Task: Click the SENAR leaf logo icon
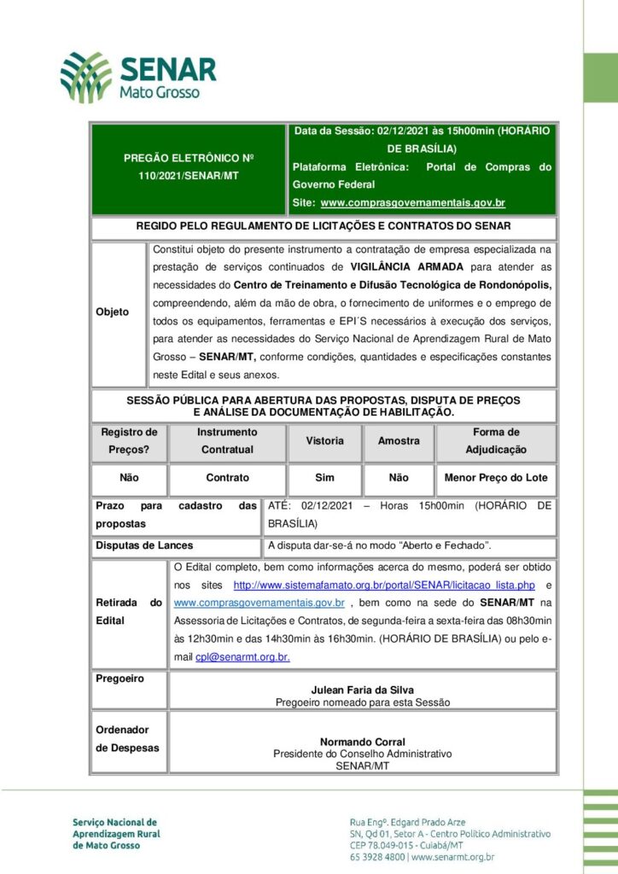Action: (x=85, y=77)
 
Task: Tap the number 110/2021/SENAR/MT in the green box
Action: (x=189, y=175)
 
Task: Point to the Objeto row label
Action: (x=112, y=312)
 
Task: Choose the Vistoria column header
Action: (x=324, y=441)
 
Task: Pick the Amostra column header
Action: (x=399, y=441)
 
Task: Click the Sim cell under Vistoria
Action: (x=324, y=478)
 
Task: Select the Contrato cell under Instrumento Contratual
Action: (x=227, y=478)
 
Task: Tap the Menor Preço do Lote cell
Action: (x=495, y=478)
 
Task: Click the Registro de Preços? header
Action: (x=129, y=441)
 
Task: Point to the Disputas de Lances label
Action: (x=143, y=545)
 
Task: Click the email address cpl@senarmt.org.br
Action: (x=242, y=657)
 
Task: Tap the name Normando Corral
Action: (x=363, y=742)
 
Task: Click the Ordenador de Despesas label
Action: (x=127, y=739)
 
